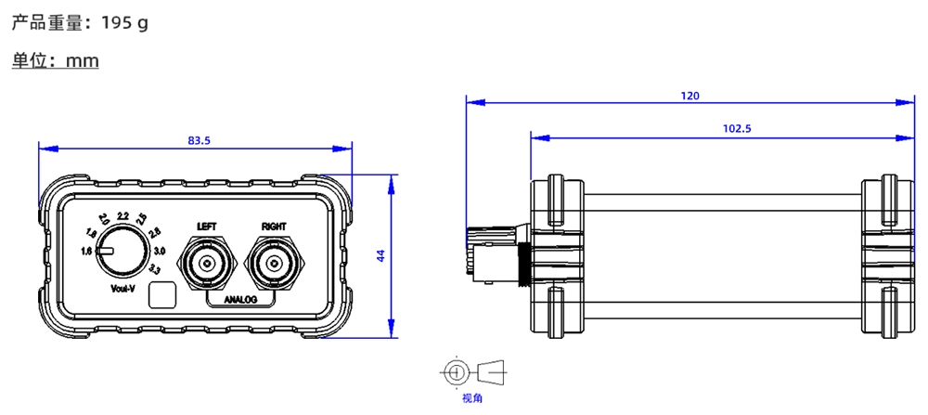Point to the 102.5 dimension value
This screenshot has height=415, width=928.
click(736, 129)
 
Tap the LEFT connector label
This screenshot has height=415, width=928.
click(206, 226)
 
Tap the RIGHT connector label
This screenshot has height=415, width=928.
click(274, 226)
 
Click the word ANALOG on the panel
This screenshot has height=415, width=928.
click(239, 300)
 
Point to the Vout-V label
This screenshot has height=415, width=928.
click(122, 289)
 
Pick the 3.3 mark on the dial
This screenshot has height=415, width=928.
click(154, 269)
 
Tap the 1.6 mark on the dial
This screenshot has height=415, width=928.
click(86, 252)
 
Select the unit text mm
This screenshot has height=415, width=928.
click(83, 61)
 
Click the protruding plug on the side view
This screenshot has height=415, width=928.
click(483, 251)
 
